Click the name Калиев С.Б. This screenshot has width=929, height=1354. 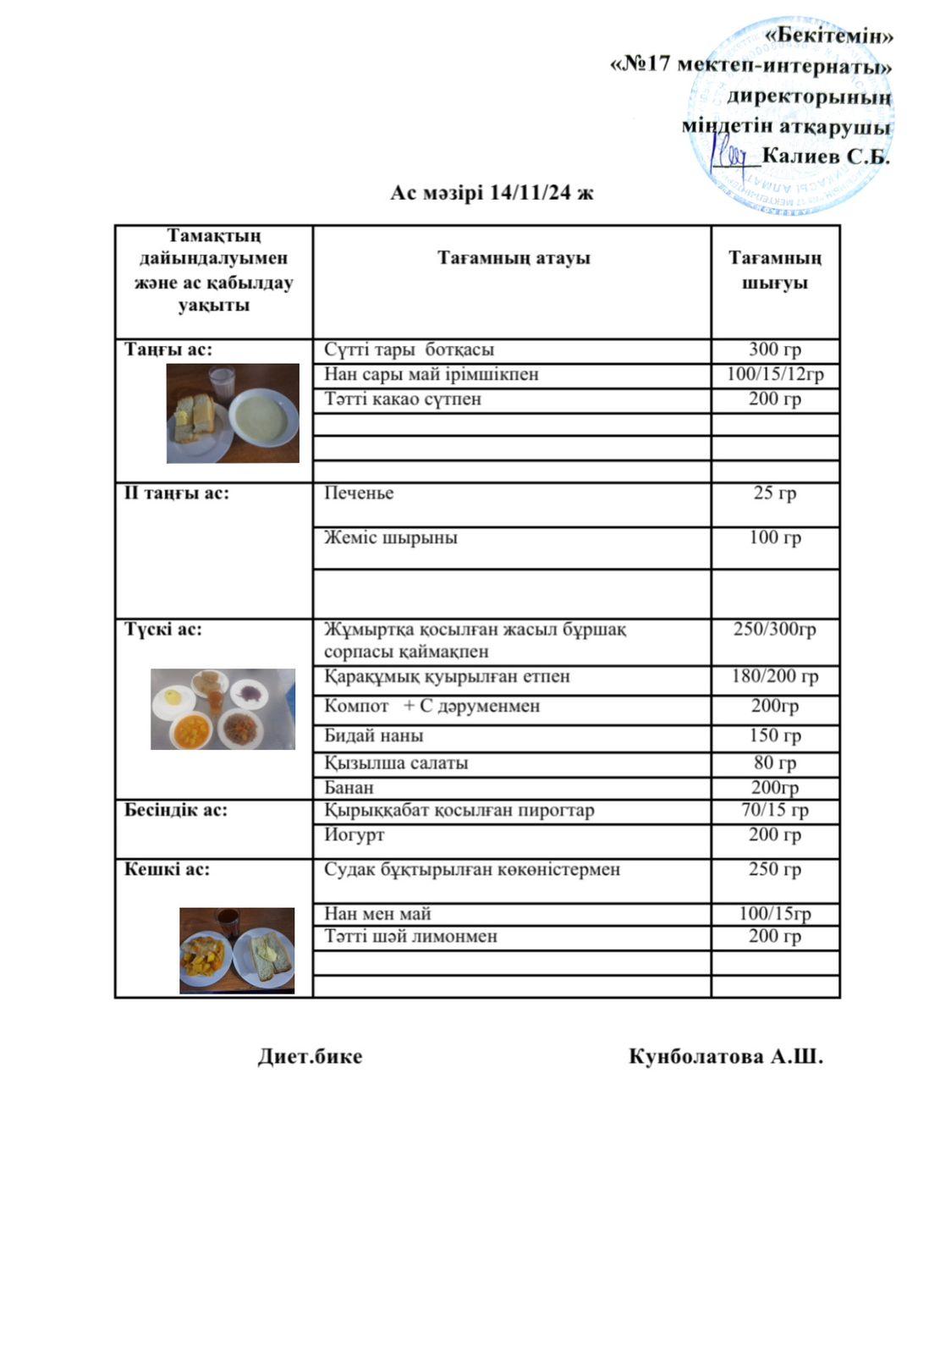tap(826, 156)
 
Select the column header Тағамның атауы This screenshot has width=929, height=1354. tap(514, 258)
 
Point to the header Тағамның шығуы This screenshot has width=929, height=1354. tap(775, 270)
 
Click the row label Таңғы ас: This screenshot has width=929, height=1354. tap(168, 350)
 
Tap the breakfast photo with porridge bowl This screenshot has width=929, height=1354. tap(233, 414)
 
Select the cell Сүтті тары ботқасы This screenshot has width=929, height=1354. tap(410, 350)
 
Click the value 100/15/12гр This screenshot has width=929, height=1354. tap(775, 374)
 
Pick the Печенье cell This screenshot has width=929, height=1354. tap(359, 493)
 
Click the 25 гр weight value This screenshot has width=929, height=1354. tap(775, 493)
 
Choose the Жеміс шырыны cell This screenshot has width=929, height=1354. tap(391, 537)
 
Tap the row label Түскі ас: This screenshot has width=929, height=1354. tap(164, 630)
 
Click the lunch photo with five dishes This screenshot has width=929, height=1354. tap(223, 709)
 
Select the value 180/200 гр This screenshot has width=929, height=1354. tap(775, 676)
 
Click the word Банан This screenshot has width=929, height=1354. tap(349, 787)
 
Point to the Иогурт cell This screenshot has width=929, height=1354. tap(355, 834)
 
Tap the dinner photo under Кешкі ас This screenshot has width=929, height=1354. tap(237, 950)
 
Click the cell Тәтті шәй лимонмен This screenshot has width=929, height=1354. tap(411, 937)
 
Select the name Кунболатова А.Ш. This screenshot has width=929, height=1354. tap(725, 1057)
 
